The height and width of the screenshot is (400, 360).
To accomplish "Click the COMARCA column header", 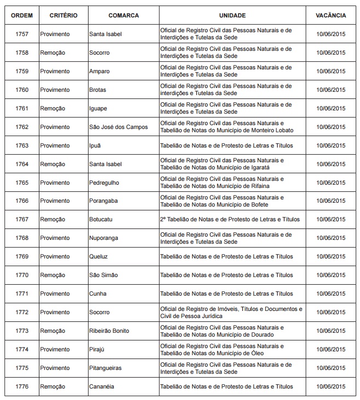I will coord(123,16).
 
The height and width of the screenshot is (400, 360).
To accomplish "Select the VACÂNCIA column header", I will coord(330,16).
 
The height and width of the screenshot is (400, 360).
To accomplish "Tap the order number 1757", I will coord(22,34).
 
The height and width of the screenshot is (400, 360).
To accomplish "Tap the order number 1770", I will coord(22,275).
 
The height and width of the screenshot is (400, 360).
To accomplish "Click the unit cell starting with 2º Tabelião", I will coord(230,220).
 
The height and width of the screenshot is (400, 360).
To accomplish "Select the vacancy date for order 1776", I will coord(330,387).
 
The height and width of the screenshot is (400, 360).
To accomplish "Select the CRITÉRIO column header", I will coord(59,16).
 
